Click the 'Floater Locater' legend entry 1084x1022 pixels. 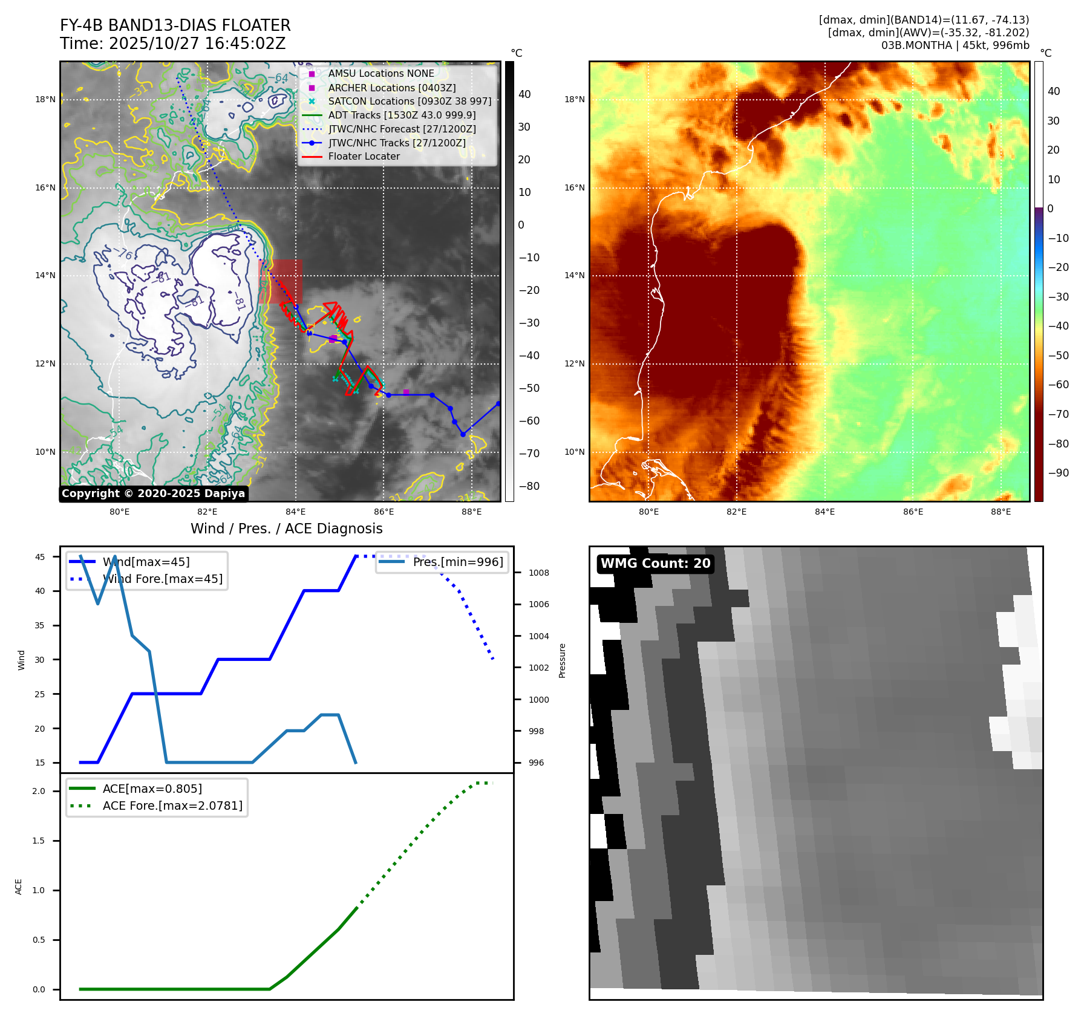click(x=364, y=157)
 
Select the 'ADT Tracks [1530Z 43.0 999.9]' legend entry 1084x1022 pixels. click(x=402, y=115)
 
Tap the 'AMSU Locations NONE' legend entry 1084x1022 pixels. click(x=381, y=73)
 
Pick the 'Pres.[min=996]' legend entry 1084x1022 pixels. click(x=457, y=562)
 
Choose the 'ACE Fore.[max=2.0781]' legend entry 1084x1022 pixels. click(x=172, y=806)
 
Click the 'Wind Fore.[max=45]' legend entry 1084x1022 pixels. click(x=162, y=579)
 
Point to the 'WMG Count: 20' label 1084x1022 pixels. click(x=655, y=564)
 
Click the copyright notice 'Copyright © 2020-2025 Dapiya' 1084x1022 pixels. click(x=153, y=493)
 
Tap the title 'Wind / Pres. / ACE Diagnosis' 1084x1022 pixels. click(x=286, y=529)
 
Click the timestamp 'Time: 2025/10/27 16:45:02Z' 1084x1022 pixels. click(x=172, y=44)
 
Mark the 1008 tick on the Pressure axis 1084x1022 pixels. click(x=538, y=573)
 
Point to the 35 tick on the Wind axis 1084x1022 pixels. click(x=40, y=625)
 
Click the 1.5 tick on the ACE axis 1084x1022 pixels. click(x=38, y=841)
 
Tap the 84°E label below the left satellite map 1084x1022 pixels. click(x=296, y=512)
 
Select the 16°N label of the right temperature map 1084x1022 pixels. click(x=575, y=187)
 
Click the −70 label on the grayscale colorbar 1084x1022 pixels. click(x=529, y=454)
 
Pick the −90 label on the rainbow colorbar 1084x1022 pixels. click(x=1058, y=473)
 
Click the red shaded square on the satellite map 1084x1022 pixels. click(x=280, y=281)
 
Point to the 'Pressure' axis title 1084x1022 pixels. click(x=562, y=660)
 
